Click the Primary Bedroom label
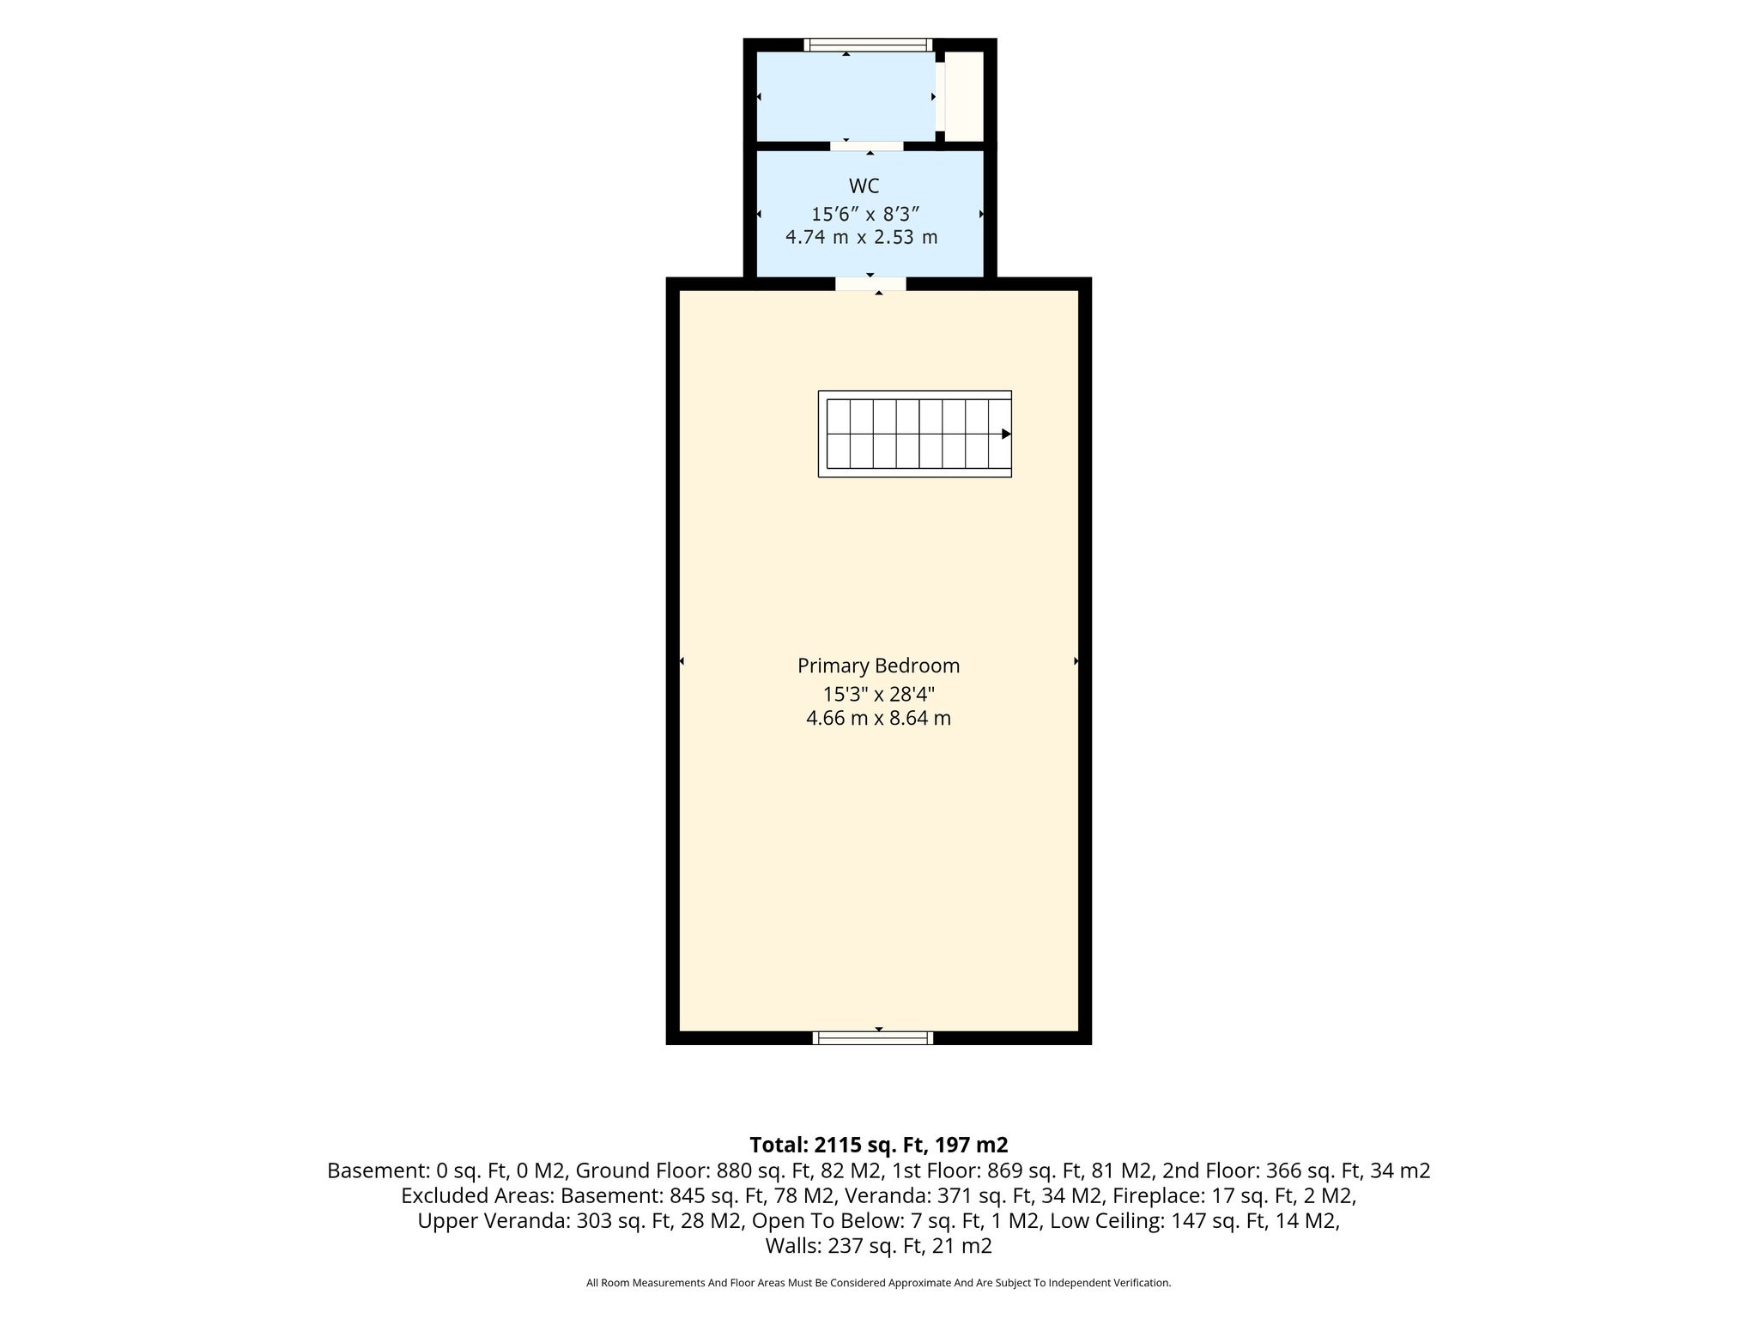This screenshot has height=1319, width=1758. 878,666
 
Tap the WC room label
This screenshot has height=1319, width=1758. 864,186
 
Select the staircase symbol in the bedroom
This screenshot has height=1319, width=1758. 915,434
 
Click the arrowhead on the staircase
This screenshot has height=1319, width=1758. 1006,435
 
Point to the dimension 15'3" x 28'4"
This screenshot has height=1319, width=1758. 878,694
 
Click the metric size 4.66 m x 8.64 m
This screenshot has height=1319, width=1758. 878,719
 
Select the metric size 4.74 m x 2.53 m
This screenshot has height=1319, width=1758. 862,237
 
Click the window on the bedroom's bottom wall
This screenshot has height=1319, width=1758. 873,1038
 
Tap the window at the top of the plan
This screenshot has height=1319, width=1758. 868,45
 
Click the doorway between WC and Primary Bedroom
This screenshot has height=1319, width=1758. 870,283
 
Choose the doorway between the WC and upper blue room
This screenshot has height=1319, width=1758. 867,146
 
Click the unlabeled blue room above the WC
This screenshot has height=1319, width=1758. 846,96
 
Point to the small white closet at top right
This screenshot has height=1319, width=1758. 964,96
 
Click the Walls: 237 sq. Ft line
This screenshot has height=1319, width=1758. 878,1246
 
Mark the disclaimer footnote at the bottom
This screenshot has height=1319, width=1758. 878,1283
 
